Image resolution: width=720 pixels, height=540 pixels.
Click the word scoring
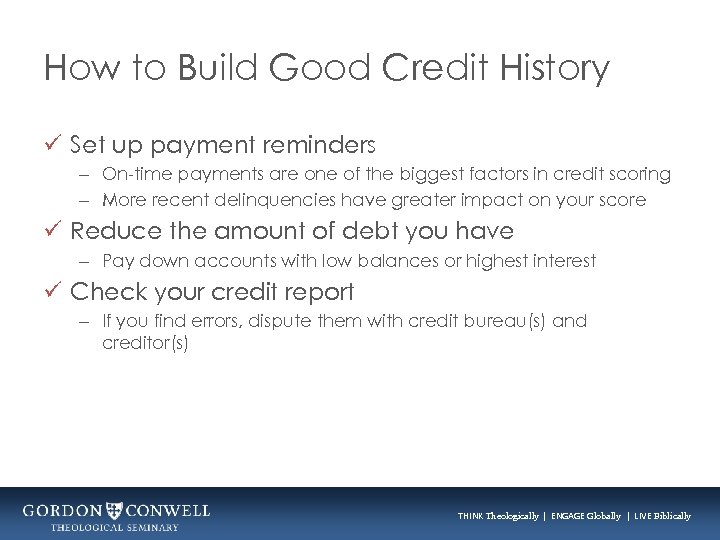point(641,175)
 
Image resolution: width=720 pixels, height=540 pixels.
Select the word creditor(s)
point(145,342)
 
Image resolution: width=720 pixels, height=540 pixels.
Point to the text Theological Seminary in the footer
point(115,527)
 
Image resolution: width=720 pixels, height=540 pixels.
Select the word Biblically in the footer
point(667,516)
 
